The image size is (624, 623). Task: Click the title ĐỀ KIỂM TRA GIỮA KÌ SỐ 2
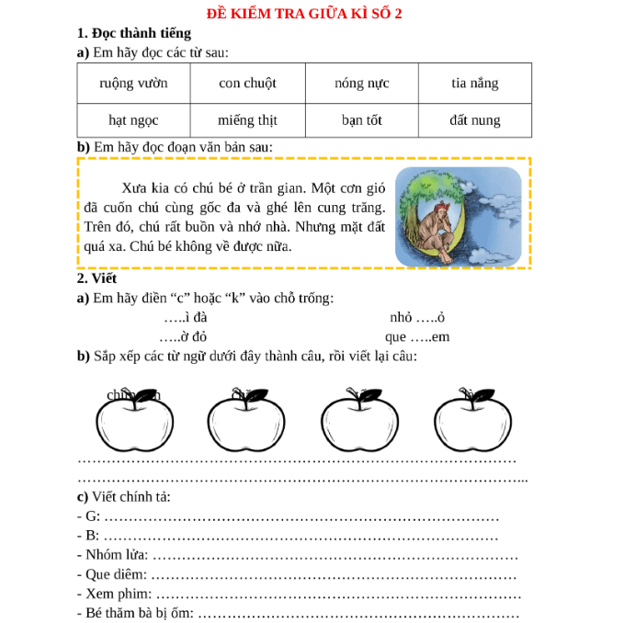[311, 13]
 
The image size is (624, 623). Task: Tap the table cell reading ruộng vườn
[133, 84]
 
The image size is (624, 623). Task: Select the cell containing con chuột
[247, 84]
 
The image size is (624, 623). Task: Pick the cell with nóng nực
[361, 84]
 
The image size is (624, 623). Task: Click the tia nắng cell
[474, 84]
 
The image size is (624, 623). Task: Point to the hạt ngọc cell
[133, 120]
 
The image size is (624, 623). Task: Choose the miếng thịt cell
[247, 120]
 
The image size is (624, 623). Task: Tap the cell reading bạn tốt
[361, 120]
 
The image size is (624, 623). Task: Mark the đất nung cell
[474, 120]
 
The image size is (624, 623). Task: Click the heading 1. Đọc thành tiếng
[134, 33]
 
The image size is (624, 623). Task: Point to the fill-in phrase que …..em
[416, 336]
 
